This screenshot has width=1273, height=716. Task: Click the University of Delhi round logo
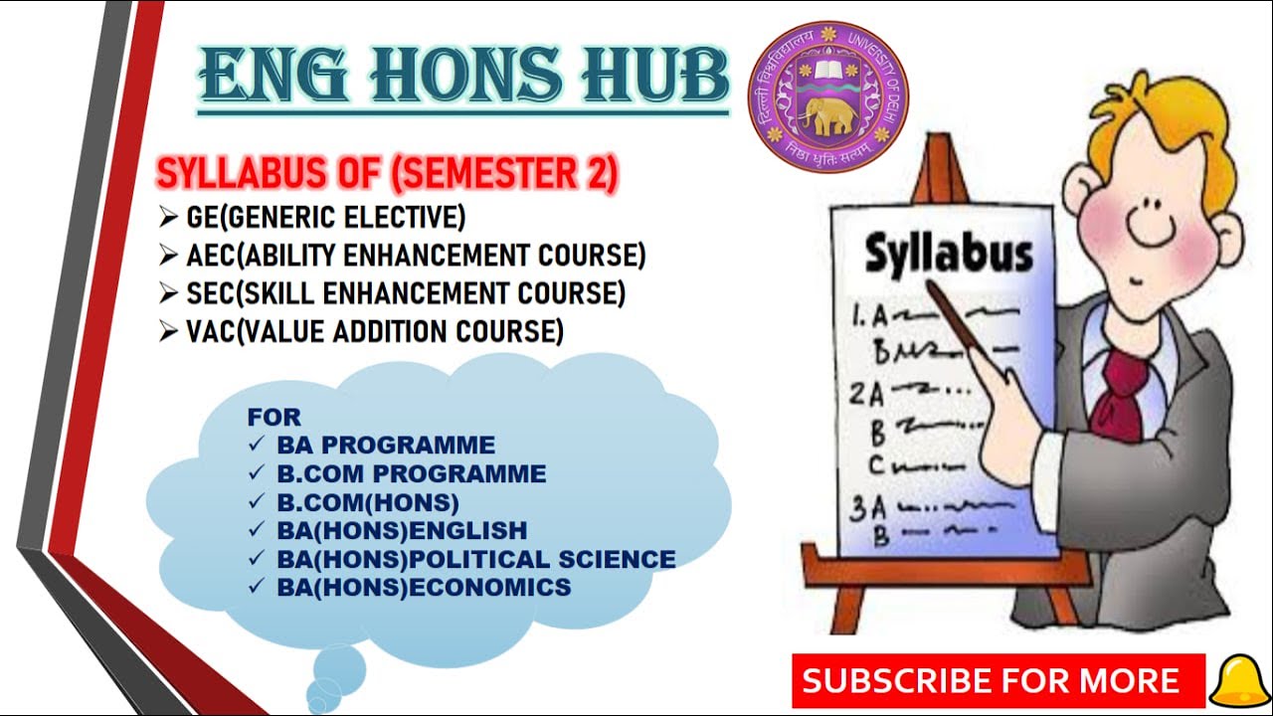tap(827, 96)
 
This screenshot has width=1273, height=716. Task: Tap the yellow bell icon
tap(1236, 681)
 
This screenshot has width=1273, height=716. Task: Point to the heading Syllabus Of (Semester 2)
tap(387, 175)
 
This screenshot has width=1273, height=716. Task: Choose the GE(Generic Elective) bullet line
tap(325, 216)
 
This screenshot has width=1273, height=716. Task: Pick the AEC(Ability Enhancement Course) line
tap(415, 255)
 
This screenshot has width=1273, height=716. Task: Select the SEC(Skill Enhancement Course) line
tap(405, 293)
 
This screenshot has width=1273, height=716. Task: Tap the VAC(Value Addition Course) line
tap(374, 331)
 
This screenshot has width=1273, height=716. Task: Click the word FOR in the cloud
tap(273, 416)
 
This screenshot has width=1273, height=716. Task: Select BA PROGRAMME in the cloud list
tap(385, 445)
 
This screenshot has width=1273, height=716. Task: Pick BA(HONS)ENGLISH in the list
tap(402, 530)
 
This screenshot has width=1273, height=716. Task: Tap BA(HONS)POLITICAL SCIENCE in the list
tap(475, 559)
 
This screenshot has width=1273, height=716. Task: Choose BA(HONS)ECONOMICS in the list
tap(424, 588)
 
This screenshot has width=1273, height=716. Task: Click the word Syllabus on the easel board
tap(947, 254)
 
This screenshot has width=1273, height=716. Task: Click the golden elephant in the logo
tap(828, 111)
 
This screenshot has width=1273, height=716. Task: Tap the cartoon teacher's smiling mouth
tap(1155, 238)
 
